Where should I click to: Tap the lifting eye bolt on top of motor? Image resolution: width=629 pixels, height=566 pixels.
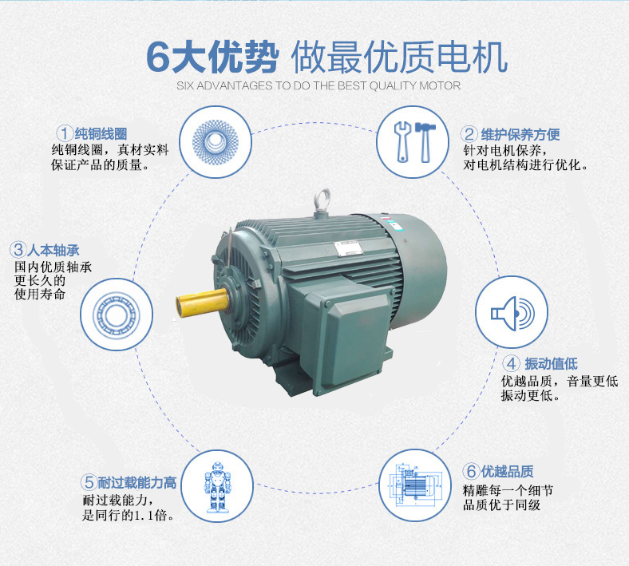pyautogui.click(x=323, y=198)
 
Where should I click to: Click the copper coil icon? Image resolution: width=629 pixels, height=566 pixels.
pyautogui.click(x=216, y=142)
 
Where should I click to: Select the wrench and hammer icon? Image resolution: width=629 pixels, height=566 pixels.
pyautogui.click(x=413, y=142)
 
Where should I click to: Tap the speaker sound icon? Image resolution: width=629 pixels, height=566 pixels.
pyautogui.click(x=512, y=312)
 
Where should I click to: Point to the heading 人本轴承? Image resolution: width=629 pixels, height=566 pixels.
pyautogui.click(x=53, y=250)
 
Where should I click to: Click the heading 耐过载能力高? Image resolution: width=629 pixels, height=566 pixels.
pyautogui.click(x=136, y=482)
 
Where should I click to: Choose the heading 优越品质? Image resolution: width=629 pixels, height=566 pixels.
pyautogui.click(x=508, y=471)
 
